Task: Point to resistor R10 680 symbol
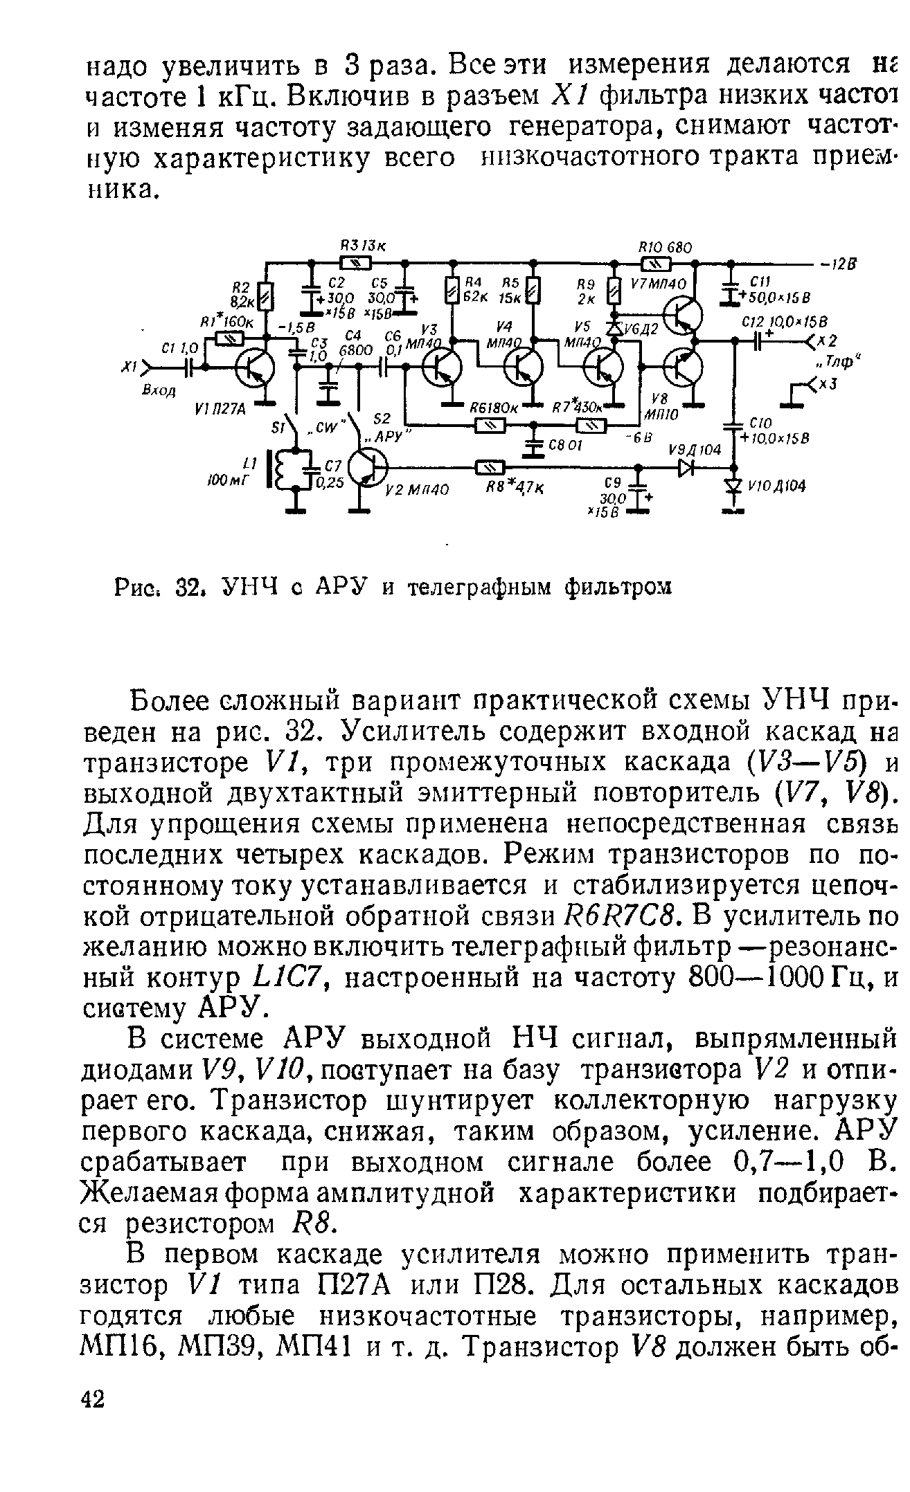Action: coord(655,263)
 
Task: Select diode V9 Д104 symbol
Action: coord(686,468)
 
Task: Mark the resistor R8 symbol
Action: coord(490,468)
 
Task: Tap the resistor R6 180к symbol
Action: coord(490,426)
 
